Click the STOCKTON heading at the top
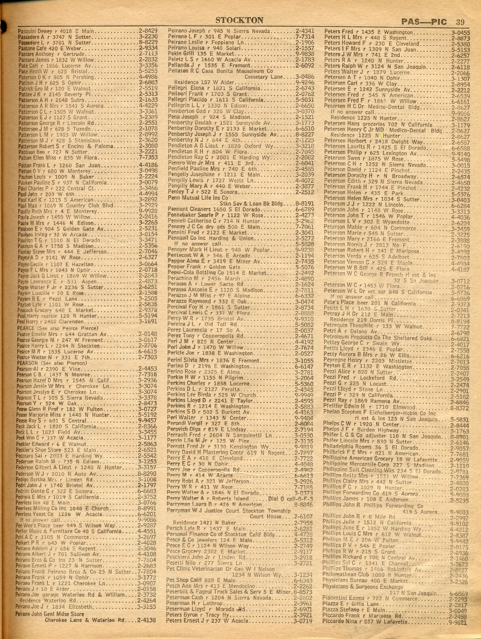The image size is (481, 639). (x=239, y=20)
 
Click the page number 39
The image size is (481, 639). (x=460, y=22)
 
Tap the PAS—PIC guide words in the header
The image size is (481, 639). (x=424, y=22)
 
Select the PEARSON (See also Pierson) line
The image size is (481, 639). (x=52, y=363)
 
